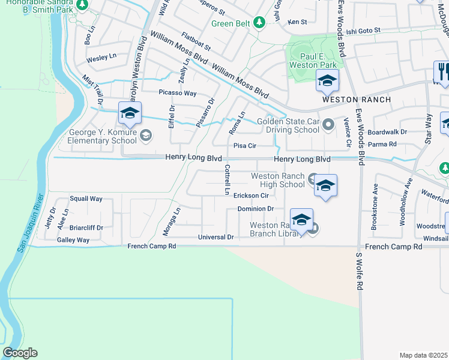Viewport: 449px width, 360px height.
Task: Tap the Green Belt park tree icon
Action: pyautogui.click(x=259, y=23)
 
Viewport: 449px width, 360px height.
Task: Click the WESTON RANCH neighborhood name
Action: pyautogui.click(x=357, y=100)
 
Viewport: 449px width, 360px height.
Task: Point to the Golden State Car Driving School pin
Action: pyautogui.click(x=328, y=125)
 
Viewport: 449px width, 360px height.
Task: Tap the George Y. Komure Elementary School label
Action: pyautogui.click(x=98, y=137)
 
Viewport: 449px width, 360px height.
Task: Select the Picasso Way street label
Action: pyautogui.click(x=178, y=93)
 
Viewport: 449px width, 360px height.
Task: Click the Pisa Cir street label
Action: pyautogui.click(x=245, y=146)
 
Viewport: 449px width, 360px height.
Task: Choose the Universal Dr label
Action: pyautogui.click(x=216, y=238)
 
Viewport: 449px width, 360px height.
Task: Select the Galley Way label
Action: pyautogui.click(x=73, y=240)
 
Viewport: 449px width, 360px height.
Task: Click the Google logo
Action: pyautogui.click(x=20, y=353)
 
